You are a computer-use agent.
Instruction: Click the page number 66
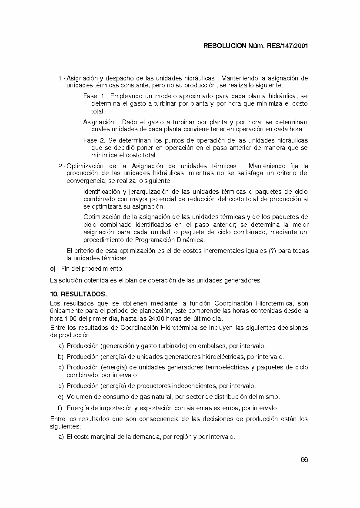click(x=304, y=460)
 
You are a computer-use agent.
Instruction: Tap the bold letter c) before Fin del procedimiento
click(x=53, y=269)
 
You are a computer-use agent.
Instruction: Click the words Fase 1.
click(x=94, y=96)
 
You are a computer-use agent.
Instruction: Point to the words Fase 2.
click(x=94, y=140)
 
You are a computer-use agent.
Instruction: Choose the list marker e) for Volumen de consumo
click(x=60, y=397)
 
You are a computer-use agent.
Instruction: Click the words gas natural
click(x=147, y=397)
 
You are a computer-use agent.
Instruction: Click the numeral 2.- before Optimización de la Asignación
click(x=61, y=166)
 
